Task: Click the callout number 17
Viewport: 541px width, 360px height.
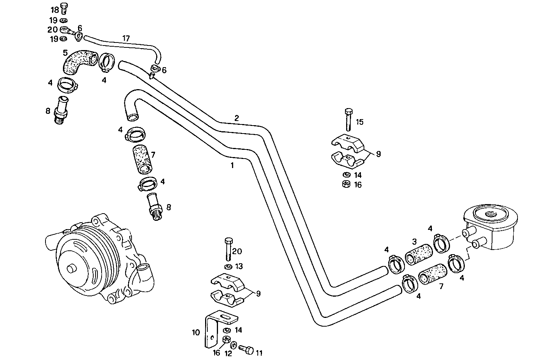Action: [126, 38]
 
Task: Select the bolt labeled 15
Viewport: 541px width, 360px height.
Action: [348, 119]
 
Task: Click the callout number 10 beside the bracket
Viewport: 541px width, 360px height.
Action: [196, 333]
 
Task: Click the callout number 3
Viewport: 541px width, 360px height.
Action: [414, 241]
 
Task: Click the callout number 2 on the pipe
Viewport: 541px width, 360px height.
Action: [237, 118]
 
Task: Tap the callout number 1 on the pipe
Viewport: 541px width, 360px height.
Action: [232, 165]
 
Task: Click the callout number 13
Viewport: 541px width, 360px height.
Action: [238, 267]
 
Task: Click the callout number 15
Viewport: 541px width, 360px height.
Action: [359, 122]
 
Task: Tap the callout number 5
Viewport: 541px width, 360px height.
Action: [65, 53]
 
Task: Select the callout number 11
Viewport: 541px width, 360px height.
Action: [259, 353]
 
